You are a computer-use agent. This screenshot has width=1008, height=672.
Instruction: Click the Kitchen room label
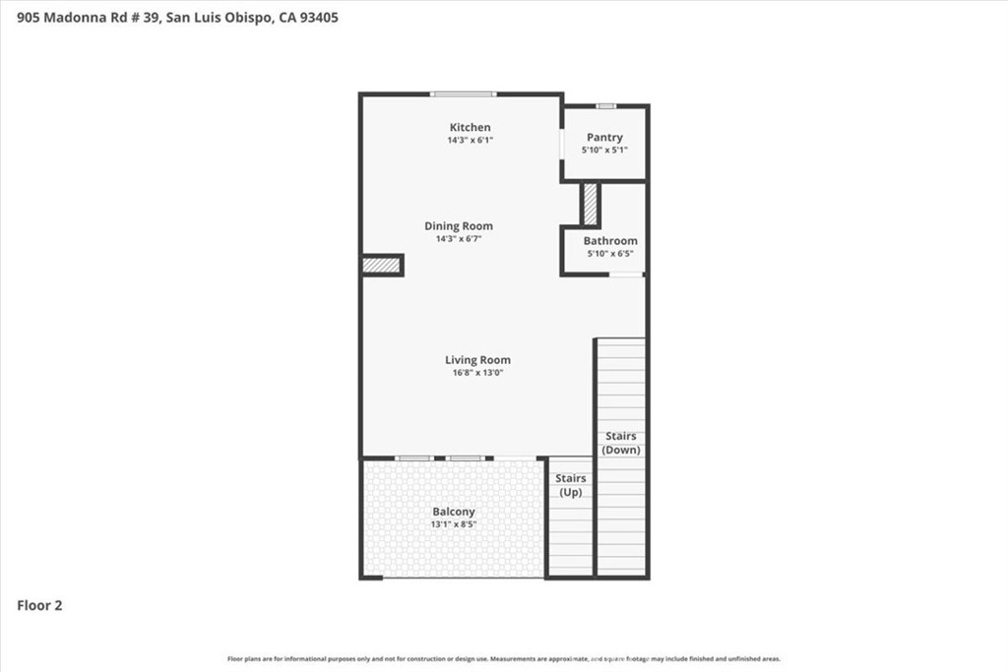(470, 128)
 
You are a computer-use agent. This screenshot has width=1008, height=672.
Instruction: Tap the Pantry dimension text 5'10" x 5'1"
(604, 150)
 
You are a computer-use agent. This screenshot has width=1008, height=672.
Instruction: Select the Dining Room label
(458, 226)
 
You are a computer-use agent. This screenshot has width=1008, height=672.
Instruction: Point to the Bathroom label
(610, 241)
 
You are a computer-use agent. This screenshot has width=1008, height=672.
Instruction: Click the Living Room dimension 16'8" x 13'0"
(478, 373)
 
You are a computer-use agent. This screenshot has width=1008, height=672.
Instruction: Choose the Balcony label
(454, 512)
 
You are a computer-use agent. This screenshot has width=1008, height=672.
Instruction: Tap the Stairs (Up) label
(572, 485)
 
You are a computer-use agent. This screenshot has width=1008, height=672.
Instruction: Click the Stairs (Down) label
(621, 443)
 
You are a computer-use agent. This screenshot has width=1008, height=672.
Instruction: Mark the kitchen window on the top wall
(463, 94)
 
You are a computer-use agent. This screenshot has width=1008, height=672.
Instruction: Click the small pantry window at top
(606, 105)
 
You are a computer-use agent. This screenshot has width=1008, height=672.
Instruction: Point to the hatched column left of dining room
(381, 265)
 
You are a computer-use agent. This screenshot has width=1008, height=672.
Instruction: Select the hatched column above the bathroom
(591, 204)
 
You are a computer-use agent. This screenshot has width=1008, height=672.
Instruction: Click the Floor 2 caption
(40, 606)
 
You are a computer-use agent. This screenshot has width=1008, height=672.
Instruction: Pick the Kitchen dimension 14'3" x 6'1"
(470, 141)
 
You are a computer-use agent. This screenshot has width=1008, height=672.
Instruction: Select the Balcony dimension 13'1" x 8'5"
(454, 524)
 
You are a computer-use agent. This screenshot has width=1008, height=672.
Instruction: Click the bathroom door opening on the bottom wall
(626, 275)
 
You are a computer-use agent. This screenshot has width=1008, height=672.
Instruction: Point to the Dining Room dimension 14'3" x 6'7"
(458, 239)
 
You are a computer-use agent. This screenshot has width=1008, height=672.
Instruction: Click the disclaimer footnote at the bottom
(504, 659)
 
